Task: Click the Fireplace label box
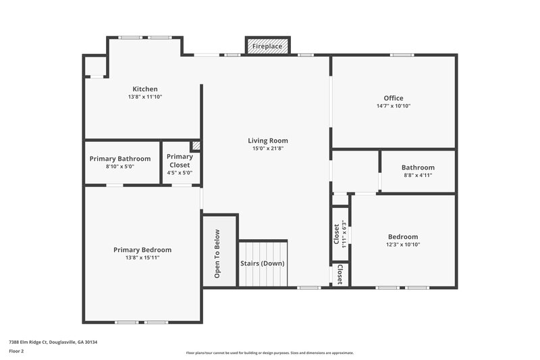(x=267, y=46)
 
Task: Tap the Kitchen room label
(x=145, y=89)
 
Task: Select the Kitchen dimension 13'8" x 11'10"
(x=145, y=97)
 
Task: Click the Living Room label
(x=268, y=140)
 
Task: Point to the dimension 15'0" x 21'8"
(x=268, y=149)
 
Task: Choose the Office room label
(x=394, y=98)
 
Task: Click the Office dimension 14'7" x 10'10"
(x=394, y=106)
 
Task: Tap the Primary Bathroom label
(x=120, y=159)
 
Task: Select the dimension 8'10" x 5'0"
(x=120, y=167)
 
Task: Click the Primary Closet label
(x=180, y=160)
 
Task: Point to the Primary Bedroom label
(x=142, y=249)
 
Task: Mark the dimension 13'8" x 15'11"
(x=142, y=258)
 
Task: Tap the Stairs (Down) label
(x=263, y=263)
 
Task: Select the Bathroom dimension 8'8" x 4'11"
(x=417, y=176)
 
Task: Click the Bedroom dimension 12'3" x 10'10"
(x=403, y=245)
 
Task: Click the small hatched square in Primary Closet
(x=196, y=145)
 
